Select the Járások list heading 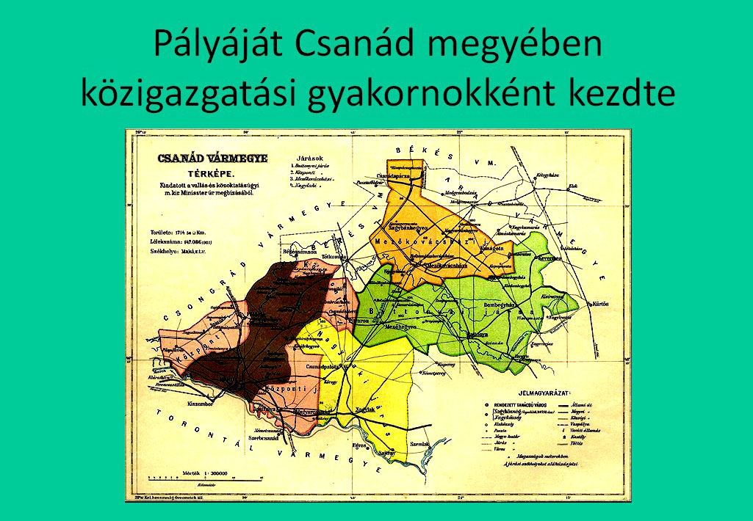tap(309, 158)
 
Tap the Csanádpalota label tap(323, 365)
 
